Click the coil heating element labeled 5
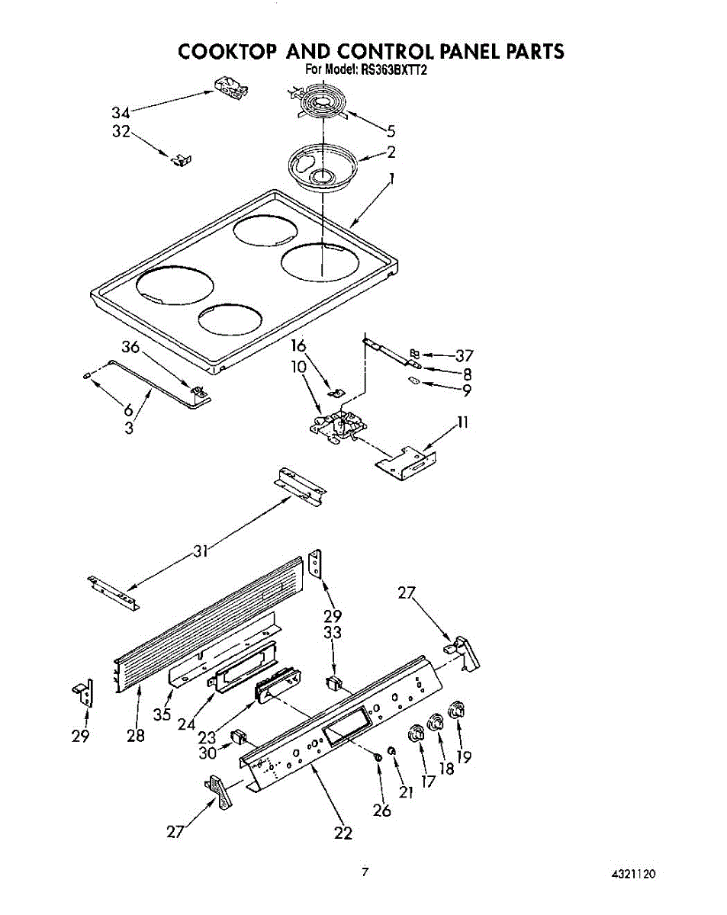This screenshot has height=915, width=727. (320, 104)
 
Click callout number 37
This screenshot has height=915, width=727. (465, 355)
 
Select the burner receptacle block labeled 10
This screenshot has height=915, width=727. (336, 427)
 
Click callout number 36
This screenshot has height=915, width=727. (131, 347)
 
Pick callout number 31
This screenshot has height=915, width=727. (201, 551)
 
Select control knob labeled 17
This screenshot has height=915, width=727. (417, 734)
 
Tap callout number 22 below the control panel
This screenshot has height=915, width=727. (343, 833)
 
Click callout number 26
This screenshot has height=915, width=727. (382, 810)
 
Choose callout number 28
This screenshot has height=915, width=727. (136, 736)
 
